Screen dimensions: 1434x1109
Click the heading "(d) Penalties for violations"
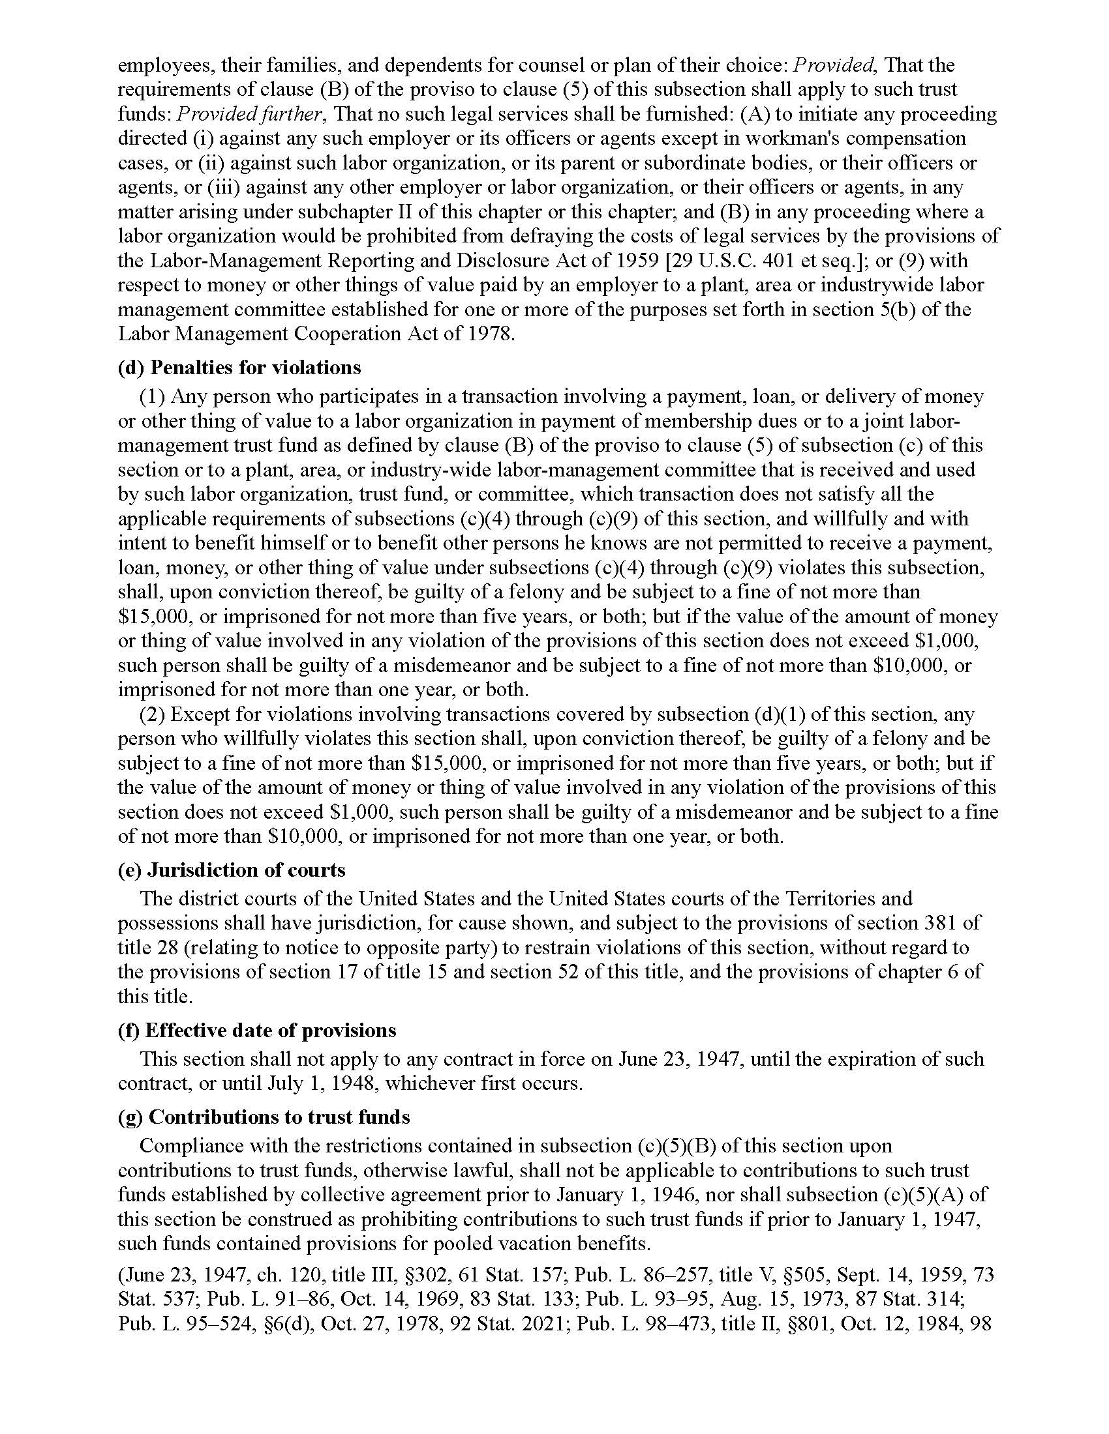239,367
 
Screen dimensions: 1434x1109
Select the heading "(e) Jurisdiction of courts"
232,870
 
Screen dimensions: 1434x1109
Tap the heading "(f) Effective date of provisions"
257,1030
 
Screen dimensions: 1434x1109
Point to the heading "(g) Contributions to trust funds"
264,1117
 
